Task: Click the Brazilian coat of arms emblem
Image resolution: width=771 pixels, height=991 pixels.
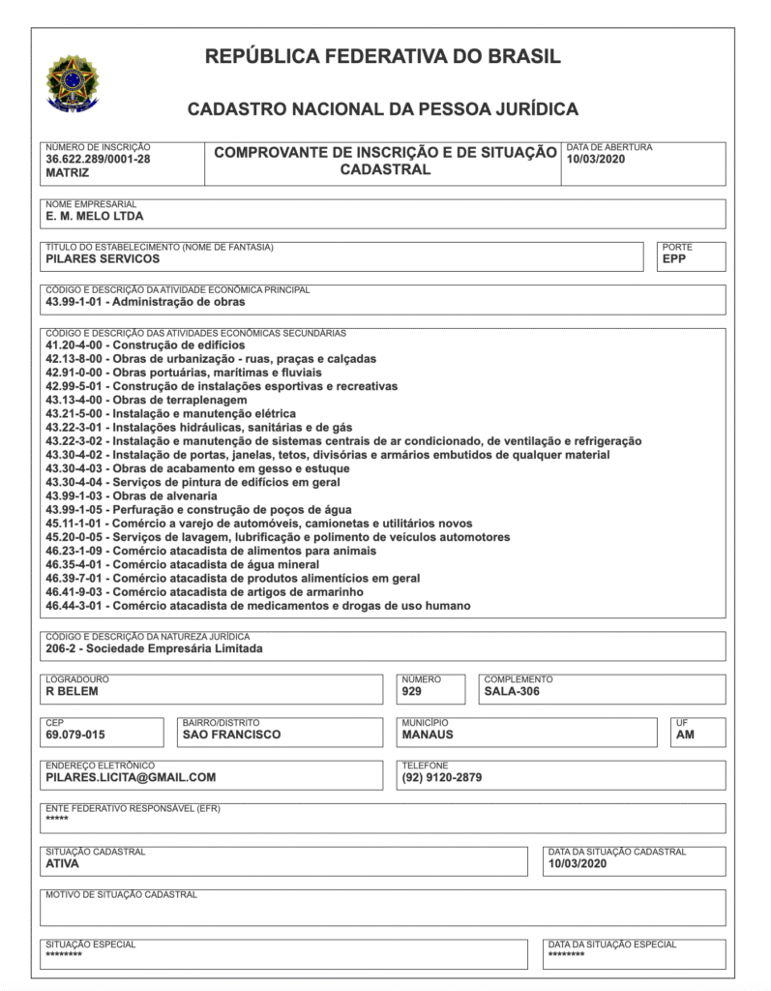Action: pos(73,82)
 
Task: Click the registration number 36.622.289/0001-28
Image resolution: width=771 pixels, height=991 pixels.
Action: pos(98,160)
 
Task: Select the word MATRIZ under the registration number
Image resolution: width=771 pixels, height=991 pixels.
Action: pos(68,173)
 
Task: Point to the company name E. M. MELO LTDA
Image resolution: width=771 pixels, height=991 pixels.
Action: pos(95,217)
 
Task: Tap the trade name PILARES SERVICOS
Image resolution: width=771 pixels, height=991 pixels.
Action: pos(103,258)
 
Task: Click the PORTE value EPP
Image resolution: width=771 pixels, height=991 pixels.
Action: pos(674,258)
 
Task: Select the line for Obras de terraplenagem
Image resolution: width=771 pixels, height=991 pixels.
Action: pos(146,400)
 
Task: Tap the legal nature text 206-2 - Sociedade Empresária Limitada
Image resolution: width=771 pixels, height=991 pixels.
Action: pos(154,648)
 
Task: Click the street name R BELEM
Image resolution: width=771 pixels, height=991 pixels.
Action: pos(73,691)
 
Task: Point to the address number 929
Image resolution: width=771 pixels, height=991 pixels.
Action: pos(412,691)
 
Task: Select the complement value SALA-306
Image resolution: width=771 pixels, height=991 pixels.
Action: pos(512,691)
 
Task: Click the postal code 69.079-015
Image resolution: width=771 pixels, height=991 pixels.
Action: pos(75,734)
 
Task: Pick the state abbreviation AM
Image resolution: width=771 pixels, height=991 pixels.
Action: pos(686,734)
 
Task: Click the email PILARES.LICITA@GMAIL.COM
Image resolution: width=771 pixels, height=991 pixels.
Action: pos(131,776)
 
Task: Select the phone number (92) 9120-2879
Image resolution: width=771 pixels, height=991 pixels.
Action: pos(442,776)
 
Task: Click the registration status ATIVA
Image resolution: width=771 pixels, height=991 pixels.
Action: pos(62,863)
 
